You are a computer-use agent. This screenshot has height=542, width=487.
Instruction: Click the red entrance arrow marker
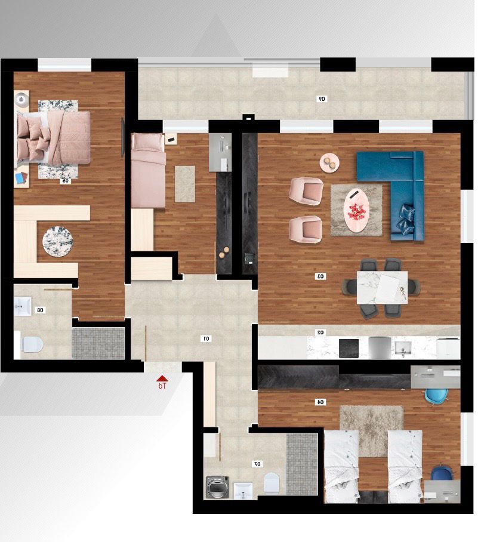[162, 378]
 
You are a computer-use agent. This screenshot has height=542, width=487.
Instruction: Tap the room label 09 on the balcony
[322, 98]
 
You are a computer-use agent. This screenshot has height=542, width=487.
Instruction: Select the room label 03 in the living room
[320, 276]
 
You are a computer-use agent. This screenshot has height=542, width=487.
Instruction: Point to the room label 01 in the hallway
[206, 338]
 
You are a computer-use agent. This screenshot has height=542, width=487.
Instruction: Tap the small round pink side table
[329, 162]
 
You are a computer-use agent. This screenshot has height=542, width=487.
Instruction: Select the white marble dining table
[382, 288]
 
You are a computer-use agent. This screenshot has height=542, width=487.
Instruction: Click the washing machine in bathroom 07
[217, 487]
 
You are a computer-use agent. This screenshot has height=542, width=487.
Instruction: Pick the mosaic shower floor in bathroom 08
[98, 343]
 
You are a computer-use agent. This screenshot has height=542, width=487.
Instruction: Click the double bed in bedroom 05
[54, 138]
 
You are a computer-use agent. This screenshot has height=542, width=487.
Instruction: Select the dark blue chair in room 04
[441, 473]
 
